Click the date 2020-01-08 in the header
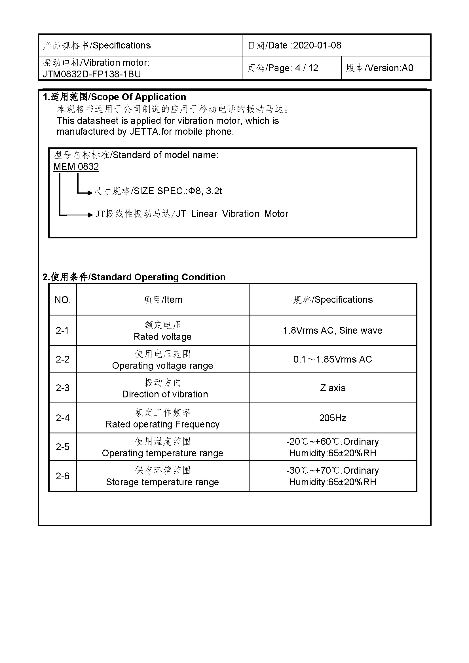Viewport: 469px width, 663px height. pyautogui.click(x=317, y=45)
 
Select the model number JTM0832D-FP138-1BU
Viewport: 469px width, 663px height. pyautogui.click(x=92, y=74)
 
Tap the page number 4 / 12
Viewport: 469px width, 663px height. pyautogui.click(x=307, y=68)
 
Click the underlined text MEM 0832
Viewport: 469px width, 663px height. pyautogui.click(x=76, y=167)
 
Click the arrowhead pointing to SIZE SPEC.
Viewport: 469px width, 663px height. pyautogui.click(x=90, y=192)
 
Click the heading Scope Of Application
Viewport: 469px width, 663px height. pyautogui.click(x=139, y=97)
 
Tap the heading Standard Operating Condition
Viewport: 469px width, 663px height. pyautogui.click(x=158, y=277)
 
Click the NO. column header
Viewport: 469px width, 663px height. pyautogui.click(x=63, y=300)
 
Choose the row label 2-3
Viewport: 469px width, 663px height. pyautogui.click(x=63, y=388)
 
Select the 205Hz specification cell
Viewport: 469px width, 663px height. pyautogui.click(x=332, y=418)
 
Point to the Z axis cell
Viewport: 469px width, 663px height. pyautogui.click(x=332, y=388)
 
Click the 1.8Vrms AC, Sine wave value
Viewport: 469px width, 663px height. pyautogui.click(x=332, y=330)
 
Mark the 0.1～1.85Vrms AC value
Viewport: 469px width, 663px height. pyautogui.click(x=332, y=359)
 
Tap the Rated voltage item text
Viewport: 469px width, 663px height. pyautogui.click(x=162, y=337)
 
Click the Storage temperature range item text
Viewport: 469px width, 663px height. pyautogui.click(x=162, y=482)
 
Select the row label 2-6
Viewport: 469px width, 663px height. pyautogui.click(x=63, y=476)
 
